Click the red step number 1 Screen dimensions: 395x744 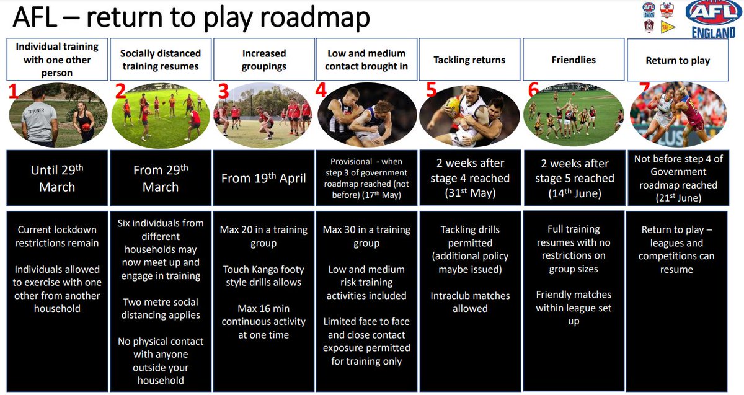14,92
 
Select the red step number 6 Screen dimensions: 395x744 533,90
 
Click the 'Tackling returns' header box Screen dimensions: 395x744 470,60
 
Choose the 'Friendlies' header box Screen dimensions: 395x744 573,60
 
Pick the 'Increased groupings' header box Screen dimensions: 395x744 264,60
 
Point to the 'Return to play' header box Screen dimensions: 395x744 678,60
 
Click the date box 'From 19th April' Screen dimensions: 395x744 264,179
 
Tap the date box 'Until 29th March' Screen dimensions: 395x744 57,179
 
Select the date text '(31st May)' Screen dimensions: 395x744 470,193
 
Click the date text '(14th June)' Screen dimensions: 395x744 574,193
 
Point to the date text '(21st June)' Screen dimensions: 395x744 678,198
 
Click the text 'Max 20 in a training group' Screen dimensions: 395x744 264,236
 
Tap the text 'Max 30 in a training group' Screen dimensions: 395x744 366,236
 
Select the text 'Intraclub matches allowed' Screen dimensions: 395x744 470,302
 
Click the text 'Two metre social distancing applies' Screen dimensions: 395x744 161,308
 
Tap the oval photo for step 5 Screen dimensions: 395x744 469,115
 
